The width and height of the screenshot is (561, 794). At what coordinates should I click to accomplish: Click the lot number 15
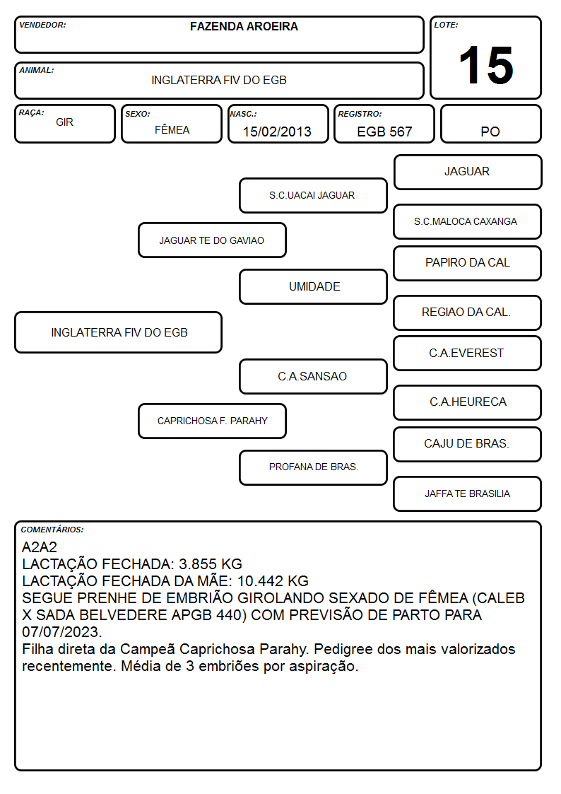point(486,65)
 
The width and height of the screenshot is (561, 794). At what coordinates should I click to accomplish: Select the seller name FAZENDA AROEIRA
point(244,26)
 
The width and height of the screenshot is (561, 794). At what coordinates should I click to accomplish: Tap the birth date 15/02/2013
point(277,132)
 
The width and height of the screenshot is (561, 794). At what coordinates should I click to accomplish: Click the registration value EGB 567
point(384,132)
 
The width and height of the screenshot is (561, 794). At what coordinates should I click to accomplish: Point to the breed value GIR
point(64,122)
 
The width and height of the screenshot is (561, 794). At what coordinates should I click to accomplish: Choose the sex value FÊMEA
point(172,129)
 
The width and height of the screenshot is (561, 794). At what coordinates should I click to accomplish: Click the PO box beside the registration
point(490,124)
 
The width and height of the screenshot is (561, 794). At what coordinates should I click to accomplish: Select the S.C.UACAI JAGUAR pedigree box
point(313,195)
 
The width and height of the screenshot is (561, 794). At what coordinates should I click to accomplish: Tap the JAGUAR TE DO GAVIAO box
point(212,240)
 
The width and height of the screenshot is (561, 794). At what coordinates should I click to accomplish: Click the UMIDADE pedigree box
point(313,286)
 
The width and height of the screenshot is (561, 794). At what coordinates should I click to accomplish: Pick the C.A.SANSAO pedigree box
point(313,376)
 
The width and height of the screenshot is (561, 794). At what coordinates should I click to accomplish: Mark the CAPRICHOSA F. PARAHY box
point(212,421)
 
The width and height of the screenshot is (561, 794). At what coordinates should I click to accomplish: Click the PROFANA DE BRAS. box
point(313,467)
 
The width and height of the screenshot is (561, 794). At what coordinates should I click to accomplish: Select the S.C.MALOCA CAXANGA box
point(468,221)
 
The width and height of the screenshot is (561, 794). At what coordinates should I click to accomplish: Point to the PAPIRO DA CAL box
point(468,263)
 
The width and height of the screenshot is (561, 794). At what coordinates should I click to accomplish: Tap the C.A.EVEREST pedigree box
point(468,353)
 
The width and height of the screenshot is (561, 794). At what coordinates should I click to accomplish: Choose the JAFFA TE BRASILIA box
point(468,494)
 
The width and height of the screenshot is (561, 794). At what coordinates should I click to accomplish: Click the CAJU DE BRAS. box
point(468,444)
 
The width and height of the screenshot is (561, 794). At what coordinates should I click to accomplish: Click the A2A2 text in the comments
point(40,547)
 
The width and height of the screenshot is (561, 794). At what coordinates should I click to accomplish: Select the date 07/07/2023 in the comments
point(61,632)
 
